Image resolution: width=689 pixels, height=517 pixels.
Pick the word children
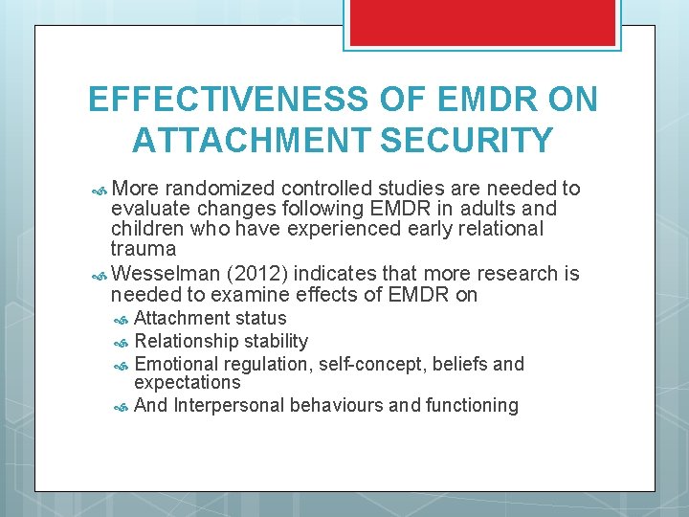[149, 229]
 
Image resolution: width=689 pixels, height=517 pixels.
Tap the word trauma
[143, 249]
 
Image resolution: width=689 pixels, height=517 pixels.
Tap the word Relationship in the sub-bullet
[184, 341]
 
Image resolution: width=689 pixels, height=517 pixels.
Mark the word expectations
[188, 382]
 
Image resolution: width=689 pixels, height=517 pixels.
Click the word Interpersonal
[229, 405]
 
